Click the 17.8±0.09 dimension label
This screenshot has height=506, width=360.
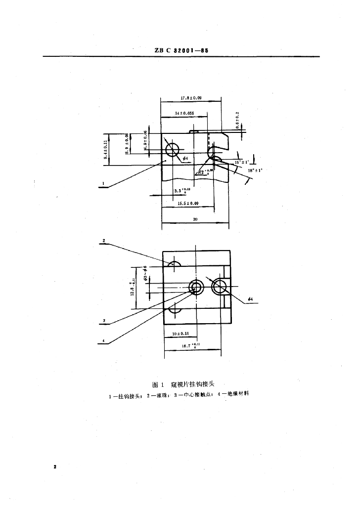pos(191,98)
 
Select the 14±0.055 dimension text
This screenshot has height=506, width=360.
pos(183,114)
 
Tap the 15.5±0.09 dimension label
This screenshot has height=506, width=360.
pos(188,203)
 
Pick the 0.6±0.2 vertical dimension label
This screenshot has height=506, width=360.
pos(237,120)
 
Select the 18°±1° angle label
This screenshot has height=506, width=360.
pos(255,170)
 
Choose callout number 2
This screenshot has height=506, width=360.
pos(104,241)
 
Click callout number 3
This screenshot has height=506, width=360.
pos(104,321)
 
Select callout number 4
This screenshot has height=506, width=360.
pos(104,340)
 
